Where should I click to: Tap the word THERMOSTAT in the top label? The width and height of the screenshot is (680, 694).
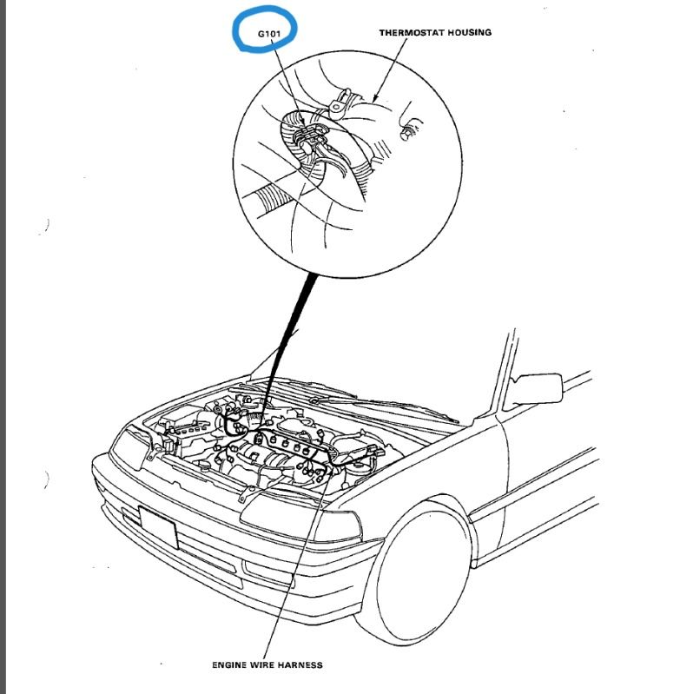tap(408, 32)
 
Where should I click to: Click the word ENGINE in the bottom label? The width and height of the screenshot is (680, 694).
tap(231, 665)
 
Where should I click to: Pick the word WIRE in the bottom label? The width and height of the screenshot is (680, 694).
tap(263, 665)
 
